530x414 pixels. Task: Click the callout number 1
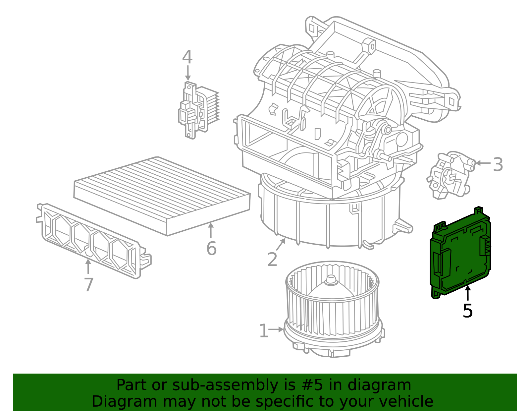click(264, 331)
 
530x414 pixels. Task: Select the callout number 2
click(272, 259)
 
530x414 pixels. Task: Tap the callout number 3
click(498, 164)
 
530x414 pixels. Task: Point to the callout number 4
click(187, 57)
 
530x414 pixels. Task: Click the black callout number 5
click(467, 311)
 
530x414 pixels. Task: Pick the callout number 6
click(211, 248)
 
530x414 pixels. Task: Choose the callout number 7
click(88, 284)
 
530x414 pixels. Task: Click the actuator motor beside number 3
click(450, 176)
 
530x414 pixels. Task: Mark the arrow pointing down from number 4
click(188, 73)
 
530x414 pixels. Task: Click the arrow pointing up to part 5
click(467, 293)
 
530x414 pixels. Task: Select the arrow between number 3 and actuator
click(483, 163)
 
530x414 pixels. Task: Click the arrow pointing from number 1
click(276, 329)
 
